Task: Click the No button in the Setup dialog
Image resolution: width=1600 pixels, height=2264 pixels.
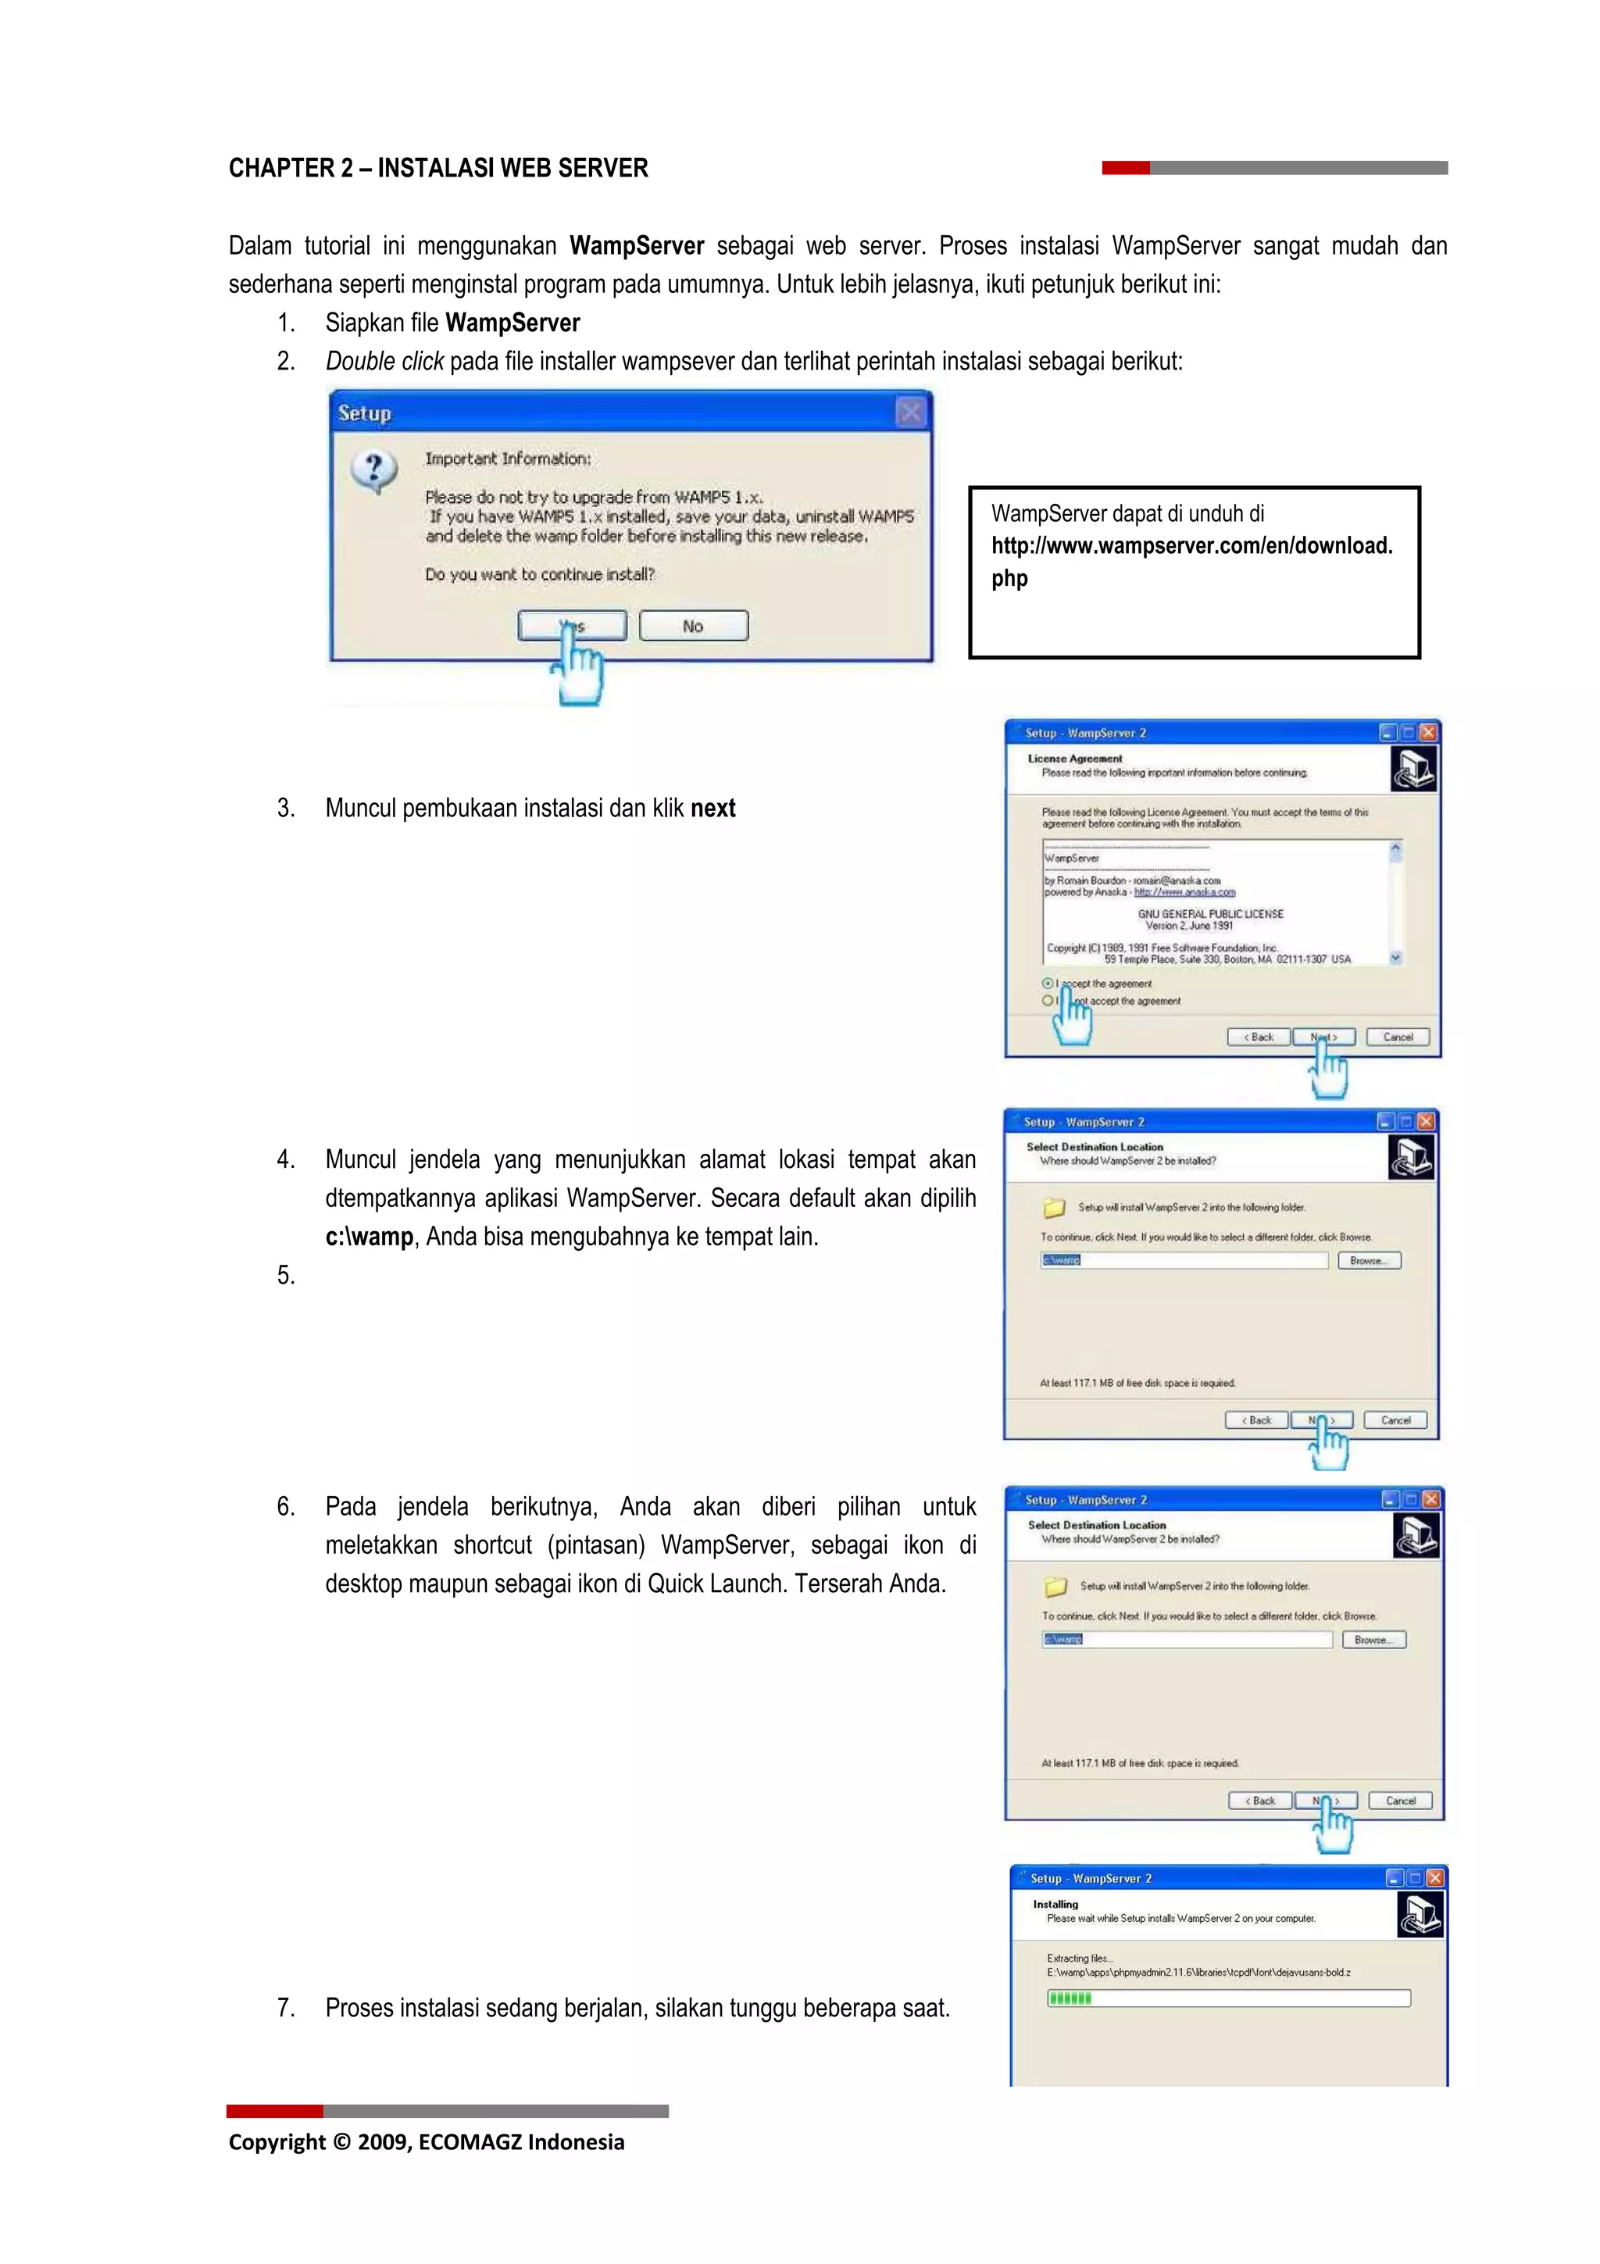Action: point(693,626)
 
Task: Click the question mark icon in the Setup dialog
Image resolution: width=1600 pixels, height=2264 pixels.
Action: point(373,471)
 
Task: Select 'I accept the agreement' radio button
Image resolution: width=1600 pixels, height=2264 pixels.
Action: point(1047,983)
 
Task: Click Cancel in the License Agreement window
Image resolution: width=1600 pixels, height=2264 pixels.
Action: point(1397,1037)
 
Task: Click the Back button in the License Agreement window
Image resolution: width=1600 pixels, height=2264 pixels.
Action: point(1258,1037)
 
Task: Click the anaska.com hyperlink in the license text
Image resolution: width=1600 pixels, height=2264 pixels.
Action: point(1184,892)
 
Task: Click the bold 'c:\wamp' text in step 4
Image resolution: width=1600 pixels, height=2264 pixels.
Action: point(369,1237)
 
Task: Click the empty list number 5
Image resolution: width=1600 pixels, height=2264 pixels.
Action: point(285,1276)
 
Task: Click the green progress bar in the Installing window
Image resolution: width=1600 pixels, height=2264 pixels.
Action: point(1070,1998)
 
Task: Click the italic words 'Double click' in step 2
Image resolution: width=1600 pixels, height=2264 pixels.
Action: point(384,362)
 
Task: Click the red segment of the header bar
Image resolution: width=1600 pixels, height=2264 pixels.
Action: point(1125,169)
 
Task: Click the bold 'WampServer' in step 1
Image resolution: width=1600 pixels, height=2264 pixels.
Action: point(512,323)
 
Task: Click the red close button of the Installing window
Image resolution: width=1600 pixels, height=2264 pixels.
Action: point(1435,1878)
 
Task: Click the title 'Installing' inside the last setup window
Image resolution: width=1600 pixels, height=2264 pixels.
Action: point(1055,1904)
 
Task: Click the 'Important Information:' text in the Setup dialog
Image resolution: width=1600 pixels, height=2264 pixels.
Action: point(508,459)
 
